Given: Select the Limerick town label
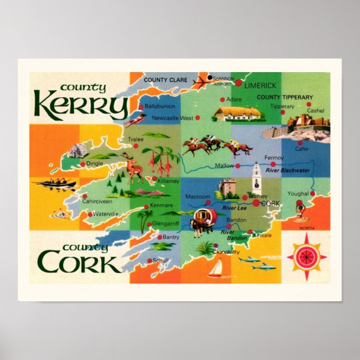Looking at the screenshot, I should point(260,85).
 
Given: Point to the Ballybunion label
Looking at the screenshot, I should point(160,106).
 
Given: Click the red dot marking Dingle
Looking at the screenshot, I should point(83,164).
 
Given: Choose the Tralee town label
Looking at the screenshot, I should point(136,139).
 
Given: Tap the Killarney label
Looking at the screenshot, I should point(168,182).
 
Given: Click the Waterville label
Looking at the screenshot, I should point(105,214).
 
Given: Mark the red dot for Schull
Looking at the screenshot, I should point(149,260).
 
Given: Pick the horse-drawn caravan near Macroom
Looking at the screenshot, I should point(202,219).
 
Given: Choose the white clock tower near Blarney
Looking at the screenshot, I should point(257,177).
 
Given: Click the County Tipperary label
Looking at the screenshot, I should point(285,97).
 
